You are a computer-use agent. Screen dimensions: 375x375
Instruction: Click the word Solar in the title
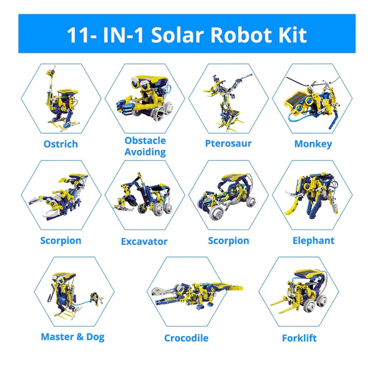175,34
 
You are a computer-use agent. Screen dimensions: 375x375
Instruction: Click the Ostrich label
60,144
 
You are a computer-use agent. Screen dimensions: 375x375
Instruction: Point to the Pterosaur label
228,144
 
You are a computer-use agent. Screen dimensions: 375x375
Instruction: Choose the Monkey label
313,144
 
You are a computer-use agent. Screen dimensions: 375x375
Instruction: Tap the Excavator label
144,241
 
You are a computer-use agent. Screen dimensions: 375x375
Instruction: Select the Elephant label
313,241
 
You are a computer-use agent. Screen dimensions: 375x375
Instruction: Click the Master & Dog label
72,337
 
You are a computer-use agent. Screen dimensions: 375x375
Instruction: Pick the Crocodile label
186,338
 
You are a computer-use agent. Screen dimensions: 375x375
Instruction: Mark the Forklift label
299,338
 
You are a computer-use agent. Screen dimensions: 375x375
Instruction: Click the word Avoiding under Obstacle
145,152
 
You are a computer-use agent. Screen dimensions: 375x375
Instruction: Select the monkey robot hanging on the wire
312,100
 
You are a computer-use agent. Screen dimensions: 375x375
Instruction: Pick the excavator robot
145,197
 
